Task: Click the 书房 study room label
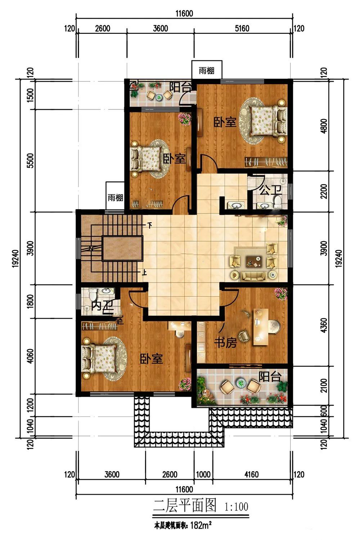pos(225,342)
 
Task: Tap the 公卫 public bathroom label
pos(270,190)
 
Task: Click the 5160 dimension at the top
pos(242,28)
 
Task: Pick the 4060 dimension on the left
pos(30,356)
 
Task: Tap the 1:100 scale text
pos(236,506)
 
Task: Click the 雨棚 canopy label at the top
pos(206,71)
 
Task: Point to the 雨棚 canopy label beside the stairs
pos(115,198)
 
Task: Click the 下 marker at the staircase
pos(150,226)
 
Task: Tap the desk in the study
pos(261,327)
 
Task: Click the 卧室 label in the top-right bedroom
pos(225,122)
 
